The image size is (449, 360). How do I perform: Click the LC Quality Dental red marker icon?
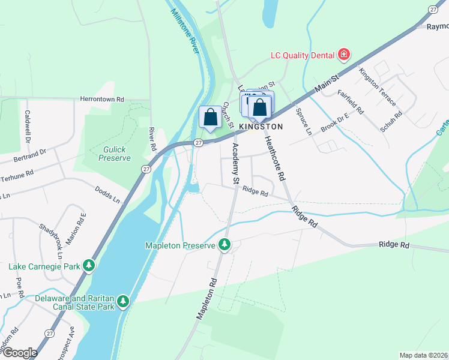(x=344, y=55)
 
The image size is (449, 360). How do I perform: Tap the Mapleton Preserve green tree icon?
(x=224, y=245)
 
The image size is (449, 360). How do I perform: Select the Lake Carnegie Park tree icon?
(x=89, y=265)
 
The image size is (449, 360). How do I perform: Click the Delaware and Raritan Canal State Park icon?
(x=123, y=300)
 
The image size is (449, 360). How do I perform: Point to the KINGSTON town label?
(x=261, y=127)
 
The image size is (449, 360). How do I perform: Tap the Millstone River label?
(x=184, y=31)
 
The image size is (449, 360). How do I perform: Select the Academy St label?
(x=235, y=164)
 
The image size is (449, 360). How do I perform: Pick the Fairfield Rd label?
(x=351, y=102)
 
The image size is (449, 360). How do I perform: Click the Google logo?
(x=20, y=353)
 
